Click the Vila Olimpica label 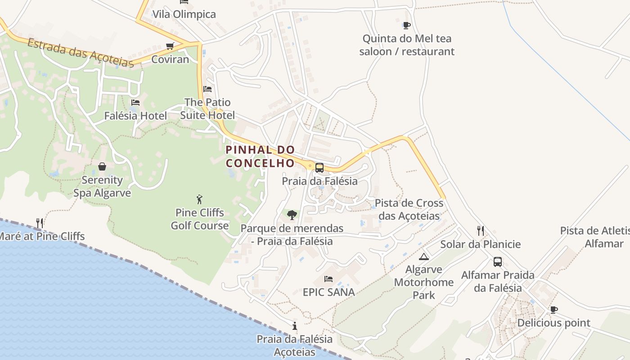(x=184, y=14)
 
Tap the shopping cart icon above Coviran (x=170, y=46)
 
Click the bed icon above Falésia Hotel (x=135, y=103)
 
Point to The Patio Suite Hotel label (x=207, y=109)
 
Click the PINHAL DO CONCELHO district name (x=260, y=156)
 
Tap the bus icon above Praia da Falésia (x=319, y=168)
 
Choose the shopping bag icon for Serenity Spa (x=102, y=166)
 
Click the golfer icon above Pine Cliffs (x=199, y=199)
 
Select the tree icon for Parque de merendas (x=292, y=215)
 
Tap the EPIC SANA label (x=328, y=292)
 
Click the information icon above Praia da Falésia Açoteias (x=294, y=326)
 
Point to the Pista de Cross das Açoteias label (x=409, y=209)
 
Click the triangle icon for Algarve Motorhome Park (x=423, y=256)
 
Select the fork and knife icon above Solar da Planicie (x=481, y=231)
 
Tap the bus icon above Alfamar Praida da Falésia (x=498, y=262)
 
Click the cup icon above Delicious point (x=553, y=310)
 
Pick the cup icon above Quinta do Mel (x=406, y=25)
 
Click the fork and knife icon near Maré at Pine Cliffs (x=40, y=223)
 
